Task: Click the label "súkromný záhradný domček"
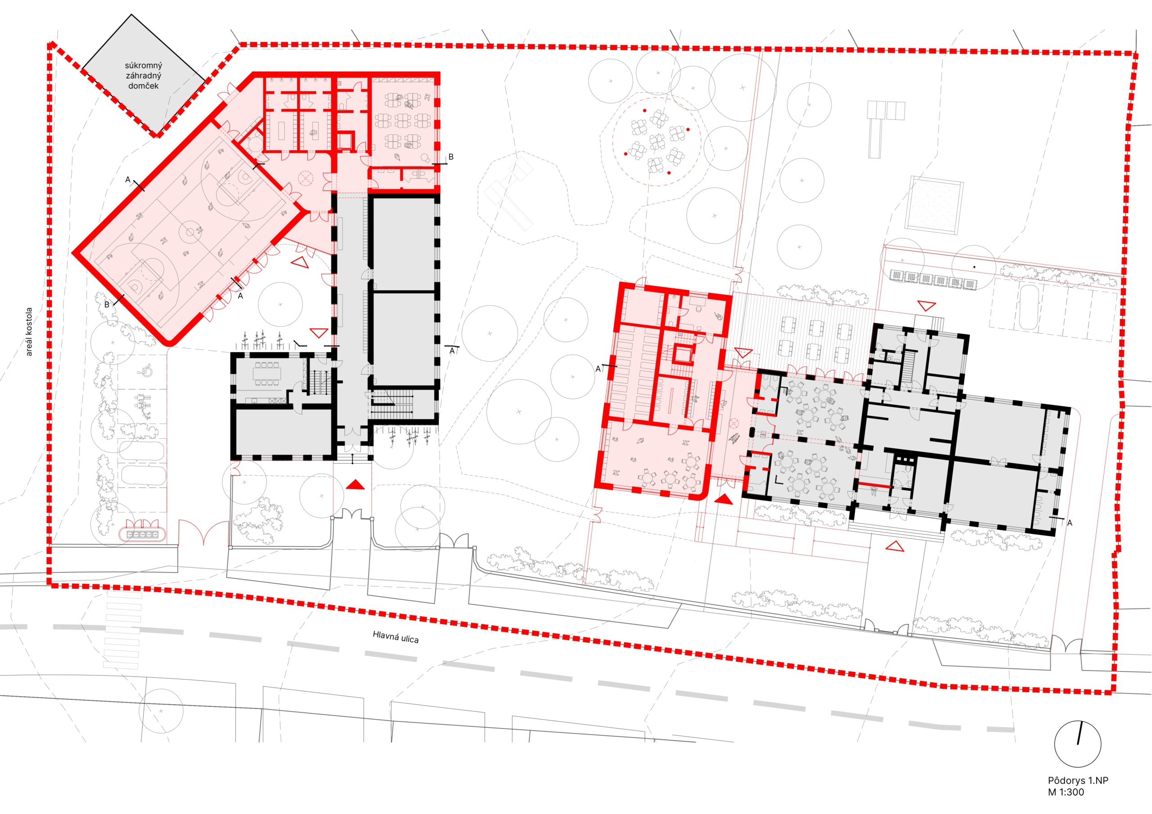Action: click(x=143, y=76)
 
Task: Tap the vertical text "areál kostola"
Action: click(x=29, y=332)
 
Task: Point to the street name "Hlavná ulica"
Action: click(x=396, y=636)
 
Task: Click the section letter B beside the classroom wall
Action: click(x=450, y=157)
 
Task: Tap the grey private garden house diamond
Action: click(x=144, y=75)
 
